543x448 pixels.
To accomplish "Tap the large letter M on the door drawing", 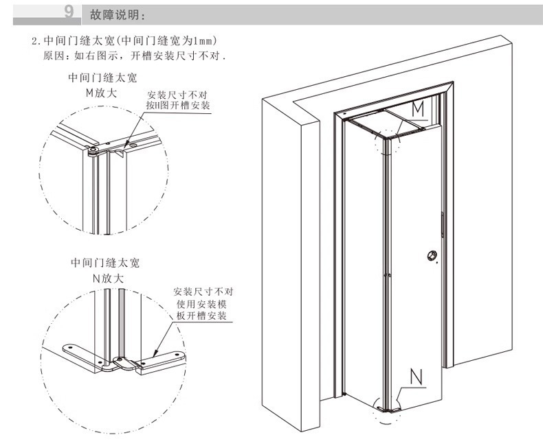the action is pyautogui.click(x=418, y=110).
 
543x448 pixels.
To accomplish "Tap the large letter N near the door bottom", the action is pyautogui.click(x=416, y=377).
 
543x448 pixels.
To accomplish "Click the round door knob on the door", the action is pyautogui.click(x=432, y=256).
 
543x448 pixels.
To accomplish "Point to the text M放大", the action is pyautogui.click(x=102, y=93).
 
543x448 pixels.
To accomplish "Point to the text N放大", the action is pyautogui.click(x=108, y=279).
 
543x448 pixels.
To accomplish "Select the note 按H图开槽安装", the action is pyautogui.click(x=177, y=105).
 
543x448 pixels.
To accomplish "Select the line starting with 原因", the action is pyautogui.click(x=135, y=56).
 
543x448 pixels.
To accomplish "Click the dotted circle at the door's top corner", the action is pyautogui.click(x=388, y=142).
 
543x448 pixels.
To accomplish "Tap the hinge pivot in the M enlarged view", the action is pyautogui.click(x=93, y=150).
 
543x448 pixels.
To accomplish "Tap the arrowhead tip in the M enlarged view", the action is pyautogui.click(x=124, y=152).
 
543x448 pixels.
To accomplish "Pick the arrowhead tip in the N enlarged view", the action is pyautogui.click(x=153, y=356).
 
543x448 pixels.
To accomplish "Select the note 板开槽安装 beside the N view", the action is pyautogui.click(x=201, y=316).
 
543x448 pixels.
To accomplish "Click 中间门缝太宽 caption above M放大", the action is pyautogui.click(x=102, y=78).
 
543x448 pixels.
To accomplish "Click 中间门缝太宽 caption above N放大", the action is pyautogui.click(x=105, y=263).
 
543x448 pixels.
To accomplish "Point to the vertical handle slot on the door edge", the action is pyautogui.click(x=443, y=225).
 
